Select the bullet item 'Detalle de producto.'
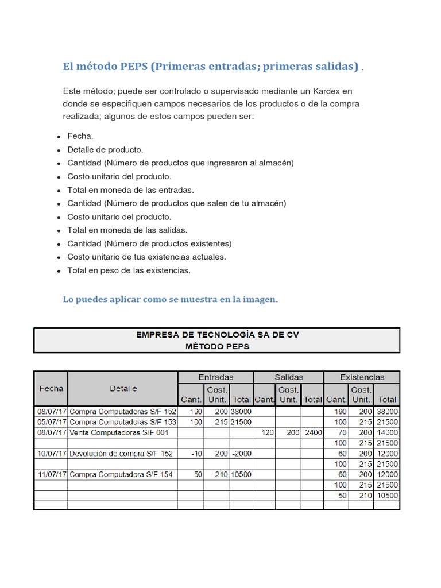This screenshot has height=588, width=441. (105, 149)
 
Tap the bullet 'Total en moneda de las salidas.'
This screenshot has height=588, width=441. (127, 230)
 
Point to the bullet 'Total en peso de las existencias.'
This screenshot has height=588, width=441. (129, 270)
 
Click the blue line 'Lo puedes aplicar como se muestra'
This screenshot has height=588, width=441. (170, 299)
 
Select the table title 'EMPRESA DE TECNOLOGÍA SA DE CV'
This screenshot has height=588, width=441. (217, 335)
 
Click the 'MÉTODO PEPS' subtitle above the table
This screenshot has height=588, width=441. (217, 346)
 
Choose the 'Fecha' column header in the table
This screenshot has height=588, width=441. (51, 388)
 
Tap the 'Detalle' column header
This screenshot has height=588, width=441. (123, 388)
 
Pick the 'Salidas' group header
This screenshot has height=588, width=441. (288, 377)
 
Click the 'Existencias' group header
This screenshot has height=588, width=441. (362, 377)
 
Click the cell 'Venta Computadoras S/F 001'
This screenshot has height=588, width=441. (119, 432)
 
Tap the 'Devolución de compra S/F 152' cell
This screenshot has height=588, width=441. (121, 454)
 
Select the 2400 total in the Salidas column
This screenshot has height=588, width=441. (313, 432)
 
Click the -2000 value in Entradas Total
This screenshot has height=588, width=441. (241, 454)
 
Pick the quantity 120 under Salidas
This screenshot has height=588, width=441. (267, 432)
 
